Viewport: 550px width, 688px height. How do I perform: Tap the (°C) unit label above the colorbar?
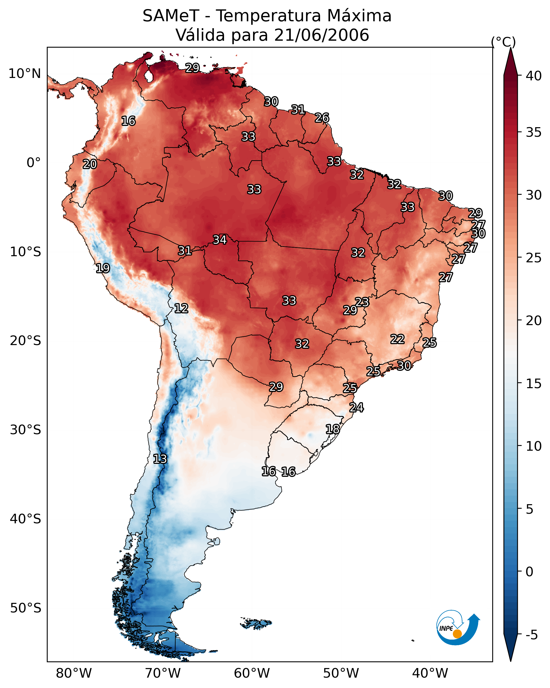pyautogui.click(x=503, y=42)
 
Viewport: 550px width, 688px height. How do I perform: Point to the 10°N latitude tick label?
pyautogui.click(x=24, y=74)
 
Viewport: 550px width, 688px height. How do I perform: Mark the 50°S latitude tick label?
pyautogui.click(x=25, y=608)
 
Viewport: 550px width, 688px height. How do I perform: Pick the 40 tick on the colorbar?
pyautogui.click(x=534, y=76)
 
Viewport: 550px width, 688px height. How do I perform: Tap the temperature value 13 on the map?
pyautogui.click(x=160, y=459)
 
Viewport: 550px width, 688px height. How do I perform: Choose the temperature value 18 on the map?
pyautogui.click(x=333, y=429)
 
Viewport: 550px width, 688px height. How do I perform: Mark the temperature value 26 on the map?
pyautogui.click(x=322, y=118)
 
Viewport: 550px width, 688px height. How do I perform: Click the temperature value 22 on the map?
pyautogui.click(x=398, y=339)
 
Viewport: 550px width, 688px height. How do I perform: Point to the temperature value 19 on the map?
pyautogui.click(x=103, y=268)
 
